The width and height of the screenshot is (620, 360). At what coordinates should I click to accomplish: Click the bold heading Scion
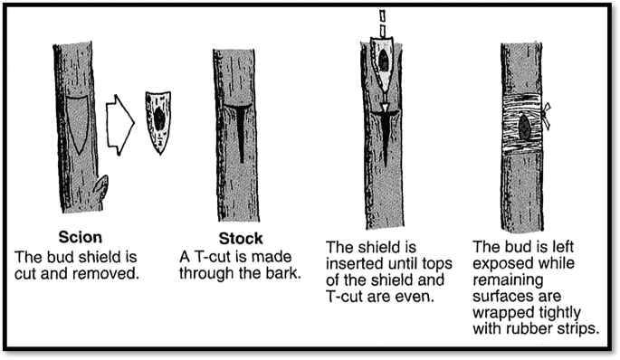click(x=81, y=237)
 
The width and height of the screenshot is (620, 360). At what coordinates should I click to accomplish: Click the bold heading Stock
click(x=241, y=238)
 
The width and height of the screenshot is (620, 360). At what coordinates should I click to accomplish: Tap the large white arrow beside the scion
click(x=120, y=125)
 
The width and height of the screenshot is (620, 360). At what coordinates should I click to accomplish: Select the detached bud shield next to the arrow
click(x=158, y=122)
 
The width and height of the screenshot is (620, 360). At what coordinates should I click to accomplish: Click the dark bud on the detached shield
click(x=159, y=119)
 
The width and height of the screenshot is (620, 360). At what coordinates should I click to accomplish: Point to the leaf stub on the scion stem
click(x=101, y=188)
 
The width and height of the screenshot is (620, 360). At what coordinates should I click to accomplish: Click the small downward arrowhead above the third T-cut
click(x=383, y=108)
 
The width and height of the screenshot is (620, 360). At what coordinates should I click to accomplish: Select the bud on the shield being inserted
click(x=383, y=60)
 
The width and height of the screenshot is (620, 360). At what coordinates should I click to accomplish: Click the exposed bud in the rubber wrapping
click(x=524, y=127)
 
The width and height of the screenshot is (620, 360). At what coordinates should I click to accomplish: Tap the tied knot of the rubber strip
click(x=545, y=116)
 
